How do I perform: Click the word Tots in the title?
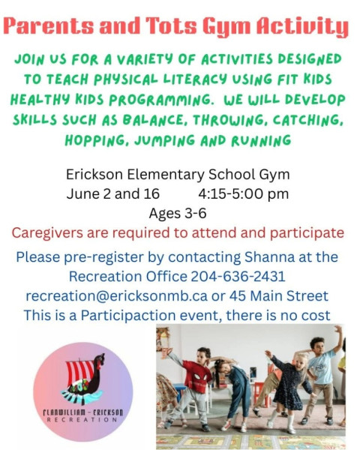pyautogui.click(x=172, y=25)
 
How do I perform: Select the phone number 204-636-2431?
pyautogui.click(x=238, y=276)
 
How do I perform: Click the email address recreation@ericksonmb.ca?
pyautogui.click(x=116, y=296)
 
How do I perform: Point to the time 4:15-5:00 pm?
pyautogui.click(x=244, y=194)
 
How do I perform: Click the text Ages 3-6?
pyautogui.click(x=178, y=214)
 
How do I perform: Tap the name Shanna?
pyautogui.click(x=269, y=256)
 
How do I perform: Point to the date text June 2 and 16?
pyautogui.click(x=113, y=194)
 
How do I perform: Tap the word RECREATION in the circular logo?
pyautogui.click(x=82, y=420)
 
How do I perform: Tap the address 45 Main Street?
pyautogui.click(x=278, y=296)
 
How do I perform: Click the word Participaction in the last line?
pyautogui.click(x=128, y=316)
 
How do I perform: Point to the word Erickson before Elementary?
pyautogui.click(x=94, y=175)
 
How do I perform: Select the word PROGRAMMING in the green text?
pyautogui.click(x=161, y=100)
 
